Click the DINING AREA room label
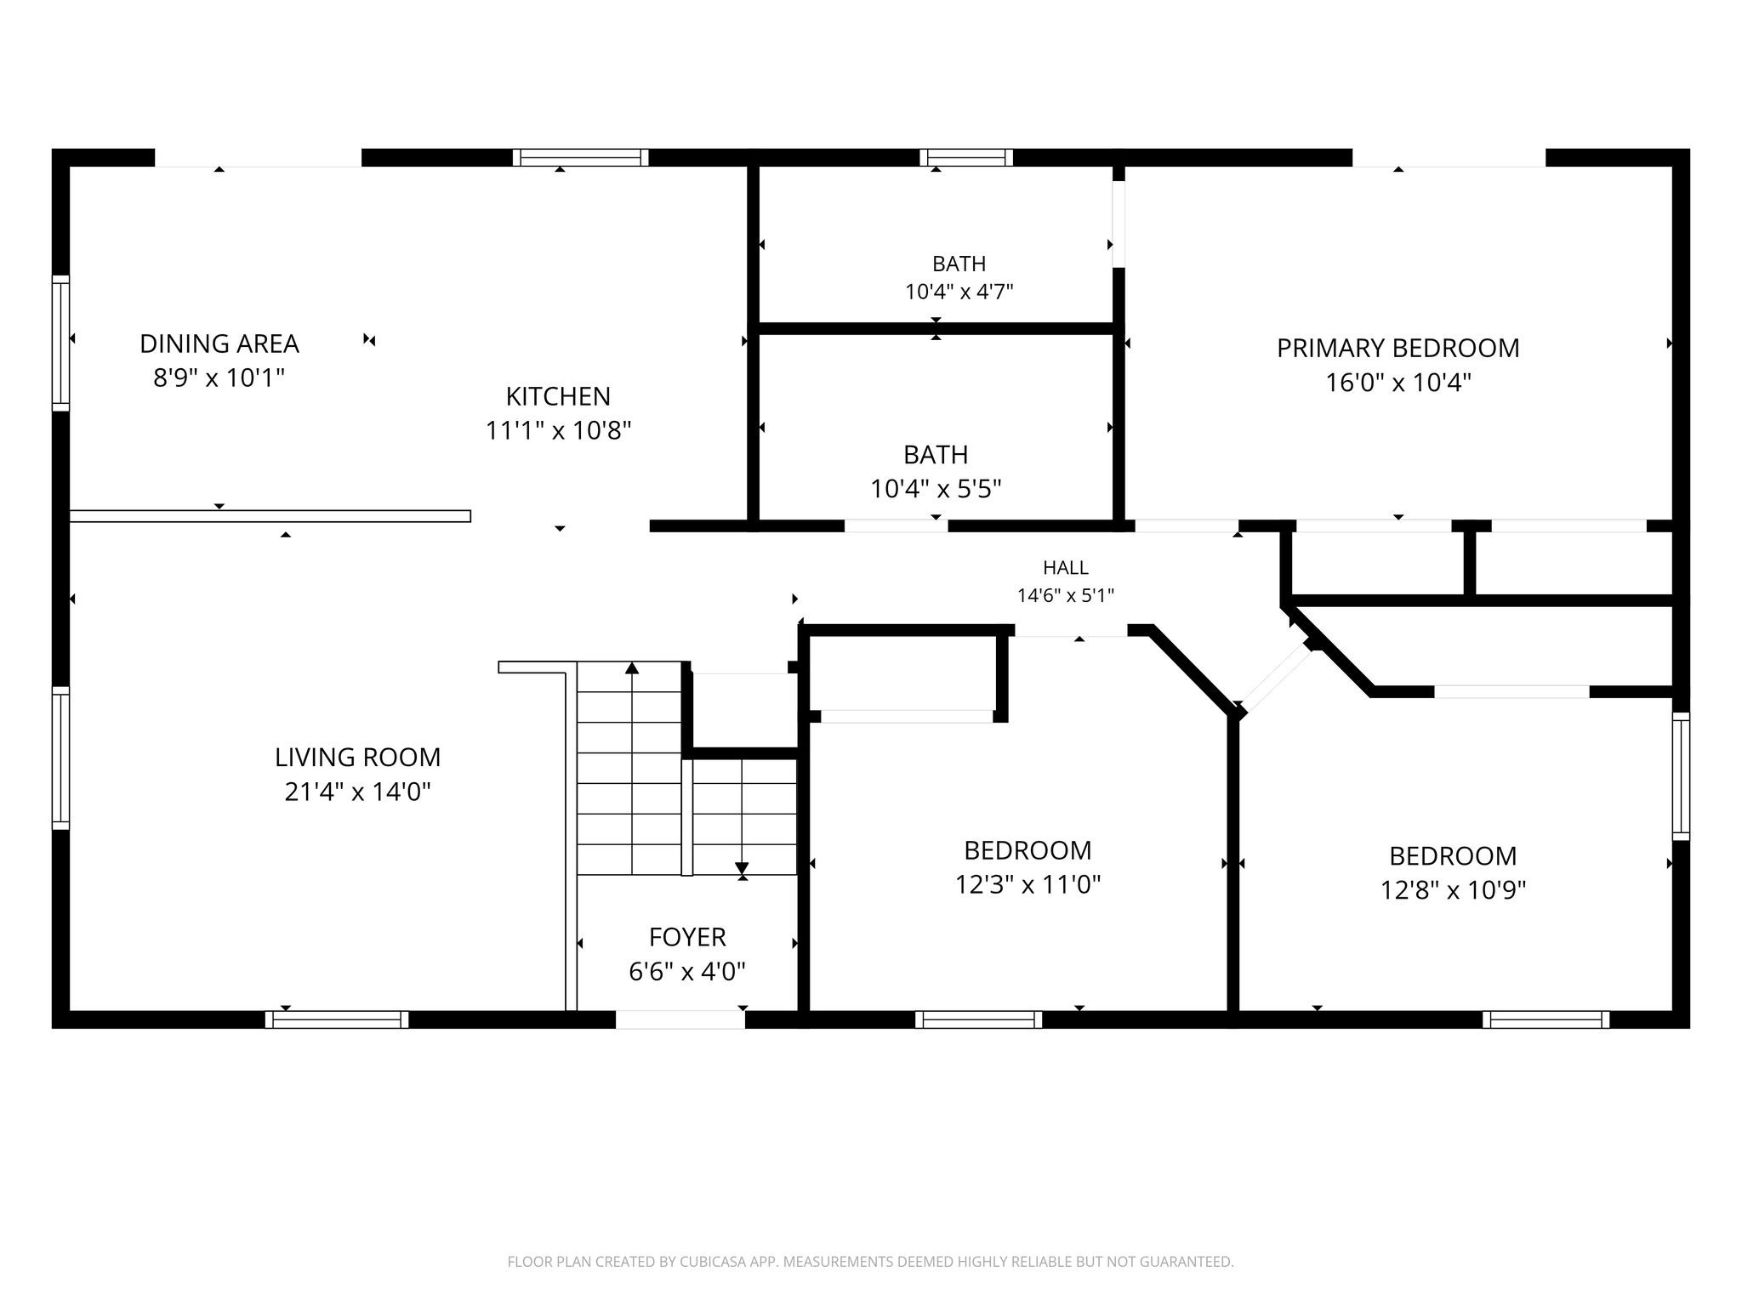(219, 344)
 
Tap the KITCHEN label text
(558, 396)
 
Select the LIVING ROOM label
(357, 757)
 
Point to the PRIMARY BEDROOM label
(1398, 348)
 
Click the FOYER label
(687, 937)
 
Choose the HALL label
(1066, 567)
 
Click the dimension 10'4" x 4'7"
(959, 292)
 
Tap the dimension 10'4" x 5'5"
(936, 489)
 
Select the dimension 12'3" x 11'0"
(1028, 885)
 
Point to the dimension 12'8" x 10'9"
(1453, 890)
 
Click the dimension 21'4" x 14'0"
(357, 792)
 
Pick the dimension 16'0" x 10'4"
(1398, 383)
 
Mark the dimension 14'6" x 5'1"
(1066, 595)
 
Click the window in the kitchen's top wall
(581, 157)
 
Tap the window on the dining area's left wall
(60, 344)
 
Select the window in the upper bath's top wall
(966, 157)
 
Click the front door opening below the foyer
(680, 1019)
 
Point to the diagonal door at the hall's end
(1276, 678)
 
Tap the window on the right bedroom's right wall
(1681, 776)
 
